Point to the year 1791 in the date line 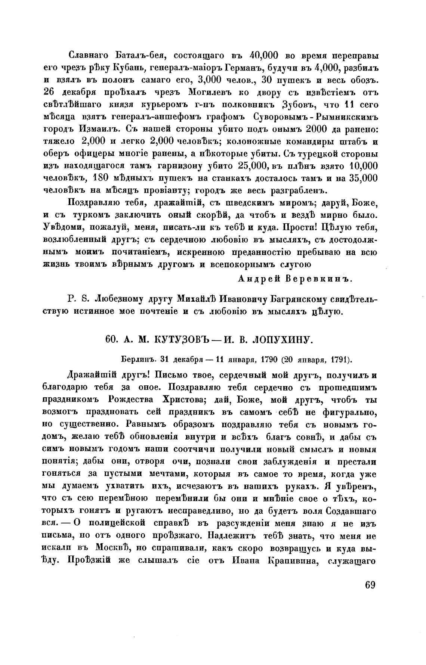pos(340,360)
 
